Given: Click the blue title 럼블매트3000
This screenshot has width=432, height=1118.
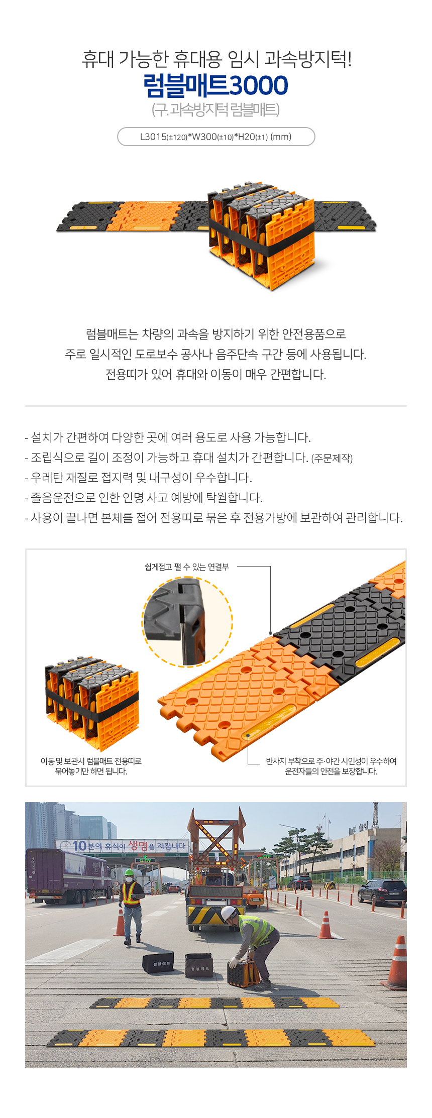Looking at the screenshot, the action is coord(215,85).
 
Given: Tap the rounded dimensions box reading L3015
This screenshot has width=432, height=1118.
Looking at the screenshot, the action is coord(216,137).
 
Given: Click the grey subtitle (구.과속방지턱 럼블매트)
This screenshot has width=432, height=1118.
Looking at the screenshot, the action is coord(215,109).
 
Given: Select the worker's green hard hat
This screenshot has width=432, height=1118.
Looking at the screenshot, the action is coord(130,872).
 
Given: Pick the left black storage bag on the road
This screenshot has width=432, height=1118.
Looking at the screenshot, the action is coord(158,962).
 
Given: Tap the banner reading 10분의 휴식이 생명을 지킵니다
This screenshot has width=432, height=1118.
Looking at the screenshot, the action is coord(123,846).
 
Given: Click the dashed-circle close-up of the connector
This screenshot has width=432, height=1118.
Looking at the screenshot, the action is coord(187,622).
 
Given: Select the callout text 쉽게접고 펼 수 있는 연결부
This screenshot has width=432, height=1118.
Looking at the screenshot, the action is coord(187,567).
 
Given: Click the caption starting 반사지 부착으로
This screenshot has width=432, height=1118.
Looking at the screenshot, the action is coord(332,766).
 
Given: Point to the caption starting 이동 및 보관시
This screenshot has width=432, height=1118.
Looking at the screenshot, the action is coord(91,766).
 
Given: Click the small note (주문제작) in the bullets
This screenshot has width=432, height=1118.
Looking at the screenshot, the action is coord(332,458).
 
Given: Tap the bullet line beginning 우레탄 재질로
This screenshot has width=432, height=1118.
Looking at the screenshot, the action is coord(139,478).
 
